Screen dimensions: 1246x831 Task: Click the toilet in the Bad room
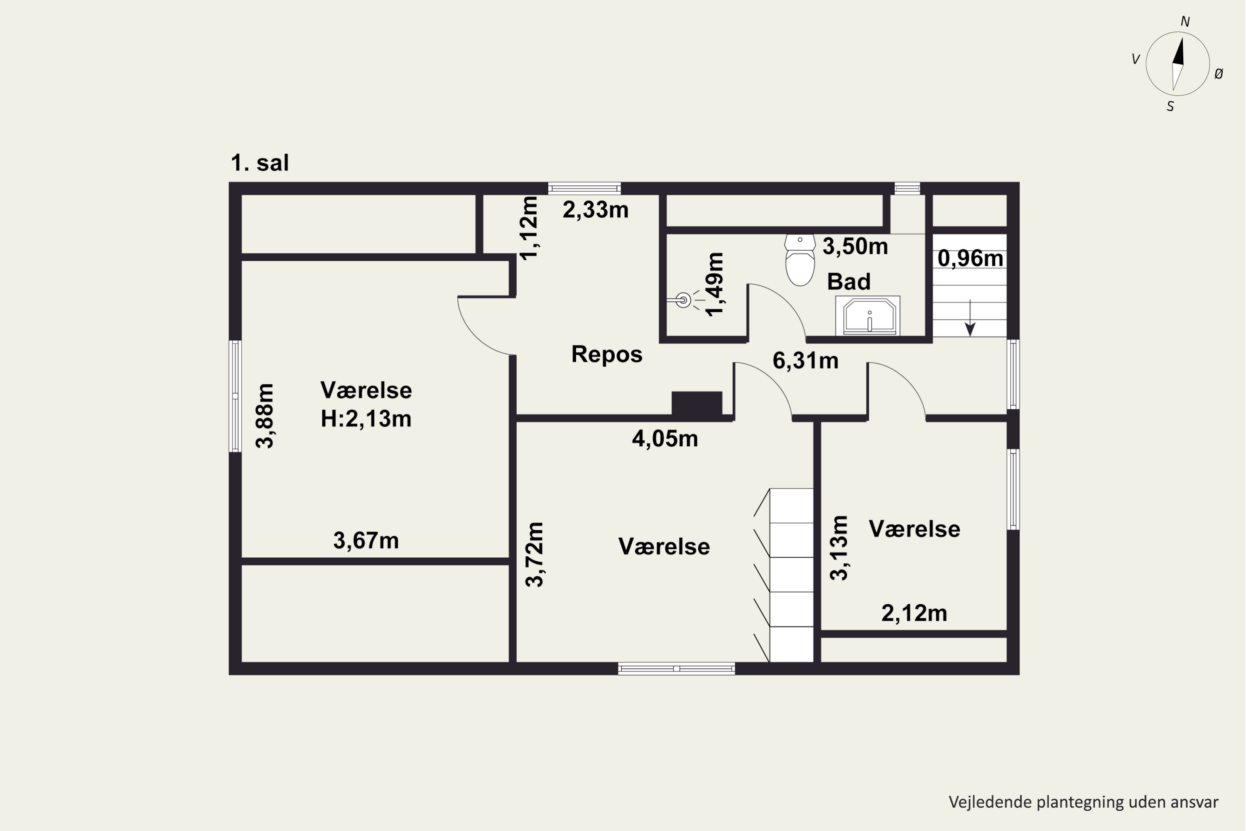(800, 260)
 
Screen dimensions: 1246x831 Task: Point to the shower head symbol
(684, 300)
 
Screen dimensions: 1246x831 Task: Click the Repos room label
(606, 354)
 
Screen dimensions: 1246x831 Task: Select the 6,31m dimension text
(805, 361)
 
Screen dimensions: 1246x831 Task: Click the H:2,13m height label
(366, 419)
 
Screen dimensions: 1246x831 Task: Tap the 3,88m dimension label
(265, 416)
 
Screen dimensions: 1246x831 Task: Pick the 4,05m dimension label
(665, 439)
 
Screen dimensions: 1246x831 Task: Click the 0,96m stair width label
(970, 258)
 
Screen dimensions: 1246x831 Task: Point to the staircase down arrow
(970, 318)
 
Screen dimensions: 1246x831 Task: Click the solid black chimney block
(697, 403)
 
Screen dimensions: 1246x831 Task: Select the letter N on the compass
(1185, 22)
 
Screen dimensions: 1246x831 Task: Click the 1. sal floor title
(260, 163)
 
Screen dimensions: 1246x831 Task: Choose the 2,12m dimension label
(914, 613)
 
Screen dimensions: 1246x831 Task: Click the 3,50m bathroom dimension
(855, 246)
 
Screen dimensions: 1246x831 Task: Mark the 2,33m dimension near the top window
(596, 210)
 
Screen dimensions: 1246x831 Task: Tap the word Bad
(849, 281)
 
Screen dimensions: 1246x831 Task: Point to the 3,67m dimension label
(366, 541)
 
